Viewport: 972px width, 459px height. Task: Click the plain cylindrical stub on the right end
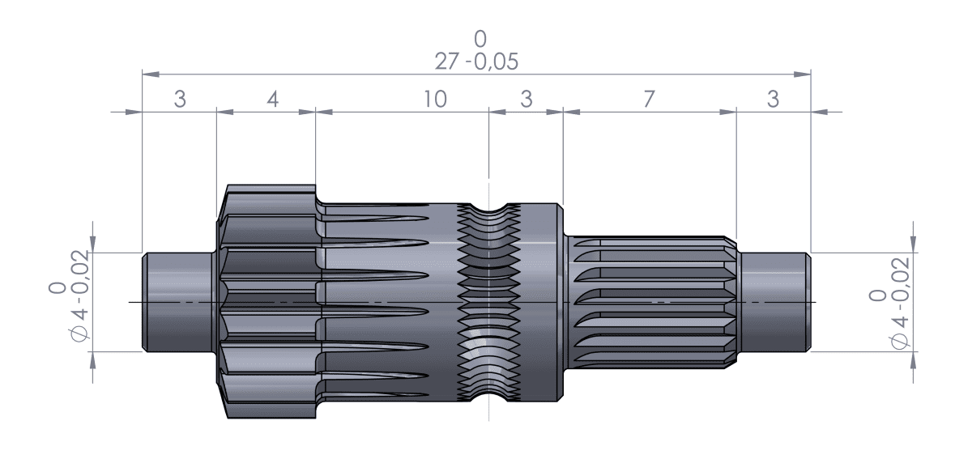point(774,302)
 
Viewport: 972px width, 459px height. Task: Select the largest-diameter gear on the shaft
point(267,302)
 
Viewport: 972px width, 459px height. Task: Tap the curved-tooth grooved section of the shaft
point(489,302)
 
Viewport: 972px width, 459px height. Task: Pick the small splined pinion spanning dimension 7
point(652,302)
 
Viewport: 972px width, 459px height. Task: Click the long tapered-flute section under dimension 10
point(389,302)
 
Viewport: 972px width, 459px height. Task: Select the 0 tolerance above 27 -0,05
point(481,39)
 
